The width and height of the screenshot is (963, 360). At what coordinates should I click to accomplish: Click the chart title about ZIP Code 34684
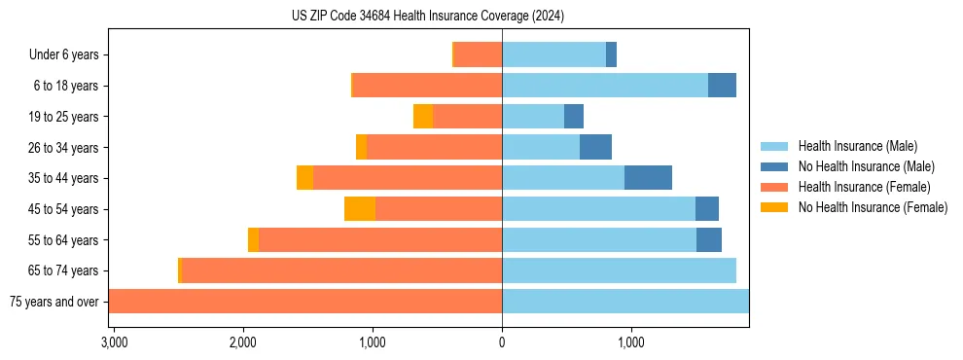(x=428, y=17)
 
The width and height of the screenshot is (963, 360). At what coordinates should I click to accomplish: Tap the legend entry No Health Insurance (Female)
(x=873, y=207)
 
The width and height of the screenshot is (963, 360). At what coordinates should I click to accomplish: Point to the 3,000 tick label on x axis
(x=113, y=342)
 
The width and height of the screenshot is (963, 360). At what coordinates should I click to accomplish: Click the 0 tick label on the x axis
(x=502, y=342)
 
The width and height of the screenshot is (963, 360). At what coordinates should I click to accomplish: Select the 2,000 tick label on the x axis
(x=242, y=342)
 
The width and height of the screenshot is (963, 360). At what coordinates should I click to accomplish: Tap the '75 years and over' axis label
(x=53, y=302)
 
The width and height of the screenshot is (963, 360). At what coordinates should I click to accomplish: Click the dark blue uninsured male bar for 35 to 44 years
(x=648, y=178)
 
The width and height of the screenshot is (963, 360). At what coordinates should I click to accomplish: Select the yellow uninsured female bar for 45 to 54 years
(x=360, y=209)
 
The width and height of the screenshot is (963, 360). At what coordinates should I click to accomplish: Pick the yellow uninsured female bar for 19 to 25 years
(x=423, y=117)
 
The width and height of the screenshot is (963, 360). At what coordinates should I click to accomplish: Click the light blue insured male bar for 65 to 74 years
(x=619, y=270)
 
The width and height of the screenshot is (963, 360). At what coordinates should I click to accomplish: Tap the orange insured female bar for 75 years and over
(x=305, y=302)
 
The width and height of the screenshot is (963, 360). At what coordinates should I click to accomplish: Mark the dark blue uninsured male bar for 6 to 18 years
(x=722, y=86)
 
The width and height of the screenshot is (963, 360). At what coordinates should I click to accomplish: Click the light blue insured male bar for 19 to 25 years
(x=533, y=117)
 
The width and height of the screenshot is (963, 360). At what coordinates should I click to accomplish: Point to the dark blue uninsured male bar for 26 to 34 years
(x=595, y=147)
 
